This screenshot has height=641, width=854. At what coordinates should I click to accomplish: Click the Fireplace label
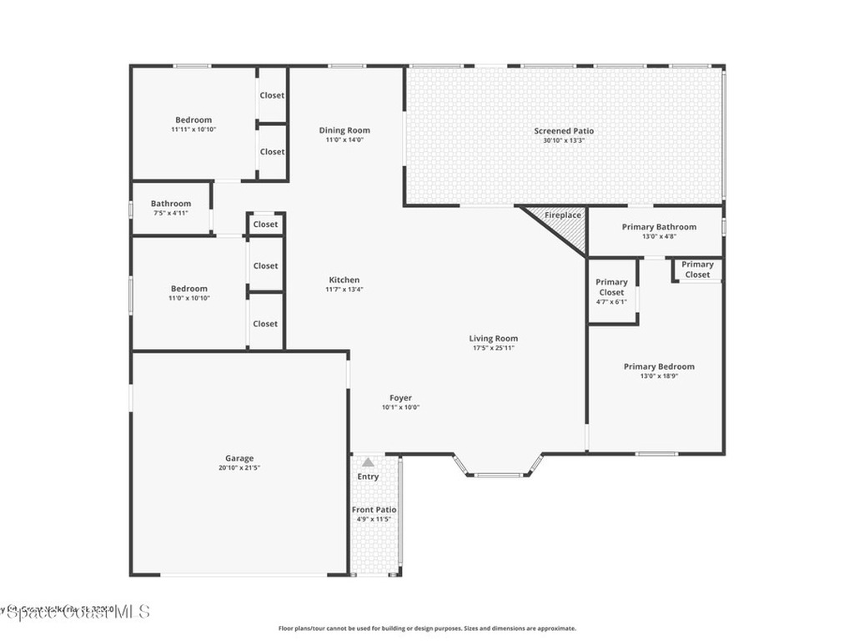(563, 215)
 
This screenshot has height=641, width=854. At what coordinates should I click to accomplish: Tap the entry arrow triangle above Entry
(368, 462)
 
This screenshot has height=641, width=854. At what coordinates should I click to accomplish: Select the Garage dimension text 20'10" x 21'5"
(239, 468)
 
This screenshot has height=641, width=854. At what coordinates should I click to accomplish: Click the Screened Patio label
(564, 131)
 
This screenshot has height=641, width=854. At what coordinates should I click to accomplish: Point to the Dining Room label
(344, 130)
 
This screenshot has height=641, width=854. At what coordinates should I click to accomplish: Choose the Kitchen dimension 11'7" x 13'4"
(344, 290)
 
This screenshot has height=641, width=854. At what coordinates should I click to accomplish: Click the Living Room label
(494, 338)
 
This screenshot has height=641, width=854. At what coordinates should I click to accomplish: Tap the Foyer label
(400, 398)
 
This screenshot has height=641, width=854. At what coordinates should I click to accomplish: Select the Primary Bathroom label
(659, 227)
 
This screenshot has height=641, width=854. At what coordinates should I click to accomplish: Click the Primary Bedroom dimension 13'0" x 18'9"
(659, 376)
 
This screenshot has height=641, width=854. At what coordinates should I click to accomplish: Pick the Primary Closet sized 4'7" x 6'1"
(611, 287)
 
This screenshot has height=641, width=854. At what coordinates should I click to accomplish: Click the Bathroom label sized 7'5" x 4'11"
(171, 204)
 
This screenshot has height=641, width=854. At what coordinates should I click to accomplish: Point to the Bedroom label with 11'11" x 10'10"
(193, 120)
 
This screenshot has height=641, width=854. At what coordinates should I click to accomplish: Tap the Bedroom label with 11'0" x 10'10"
(189, 289)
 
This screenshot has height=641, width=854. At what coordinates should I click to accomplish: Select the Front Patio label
(374, 509)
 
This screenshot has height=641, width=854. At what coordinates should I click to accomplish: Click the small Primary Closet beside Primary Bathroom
(697, 270)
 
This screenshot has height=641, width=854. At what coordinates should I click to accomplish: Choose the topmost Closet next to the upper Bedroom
(272, 95)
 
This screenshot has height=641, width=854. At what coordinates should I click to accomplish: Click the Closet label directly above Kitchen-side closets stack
(265, 224)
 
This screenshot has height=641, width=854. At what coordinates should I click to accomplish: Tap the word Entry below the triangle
(368, 477)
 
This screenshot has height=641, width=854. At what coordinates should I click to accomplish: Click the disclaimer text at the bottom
(426, 628)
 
